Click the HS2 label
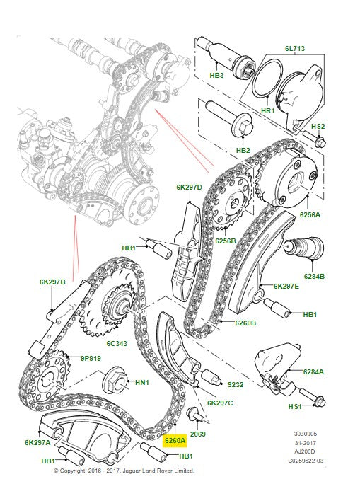pyautogui.click(x=318, y=127)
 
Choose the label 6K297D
pyautogui.click(x=189, y=188)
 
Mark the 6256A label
pyautogui.click(x=309, y=214)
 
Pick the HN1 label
pyautogui.click(x=142, y=383)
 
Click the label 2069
pyautogui.click(x=197, y=434)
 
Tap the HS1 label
pyautogui.click(x=295, y=406)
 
